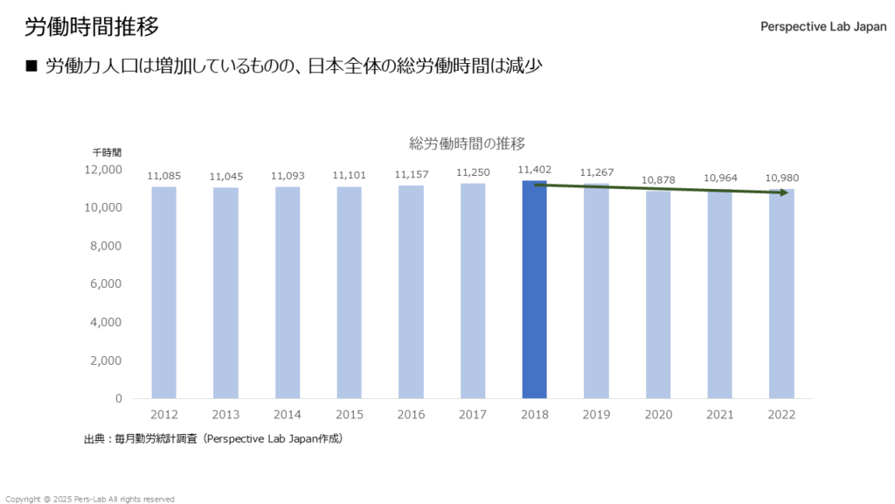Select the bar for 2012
pos(163,292)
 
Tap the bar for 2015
pos(349,292)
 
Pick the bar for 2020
pos(658,295)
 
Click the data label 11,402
pos(534,170)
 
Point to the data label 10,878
pos(658,180)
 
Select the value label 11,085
pos(163,176)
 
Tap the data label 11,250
pos(473,173)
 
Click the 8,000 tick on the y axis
pos(106,246)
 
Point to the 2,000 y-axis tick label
pos(106,360)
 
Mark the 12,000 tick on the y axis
pos(103,169)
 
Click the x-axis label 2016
pos(411,415)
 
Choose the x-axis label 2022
pos(781,415)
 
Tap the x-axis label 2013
pos(225,415)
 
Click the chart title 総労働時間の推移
pos(467,143)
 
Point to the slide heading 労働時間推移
pos(92,27)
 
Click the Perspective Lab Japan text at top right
pos(823,27)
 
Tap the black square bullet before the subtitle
pos(32,66)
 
